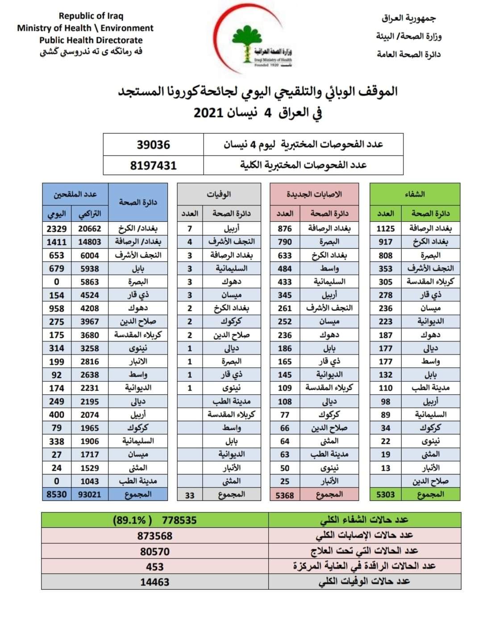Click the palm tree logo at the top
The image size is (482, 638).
(x=245, y=43)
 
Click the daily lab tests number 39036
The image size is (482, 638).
(x=153, y=145)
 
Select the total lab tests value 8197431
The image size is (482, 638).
(x=153, y=165)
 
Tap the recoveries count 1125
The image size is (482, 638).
(x=386, y=229)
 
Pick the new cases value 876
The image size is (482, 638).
(x=285, y=229)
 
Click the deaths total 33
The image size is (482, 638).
(x=190, y=495)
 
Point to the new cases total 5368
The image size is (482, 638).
(x=285, y=495)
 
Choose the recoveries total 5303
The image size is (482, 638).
(x=386, y=495)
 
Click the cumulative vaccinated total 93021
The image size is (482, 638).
(x=90, y=494)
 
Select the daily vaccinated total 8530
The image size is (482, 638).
(x=57, y=494)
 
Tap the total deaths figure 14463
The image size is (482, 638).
(x=154, y=582)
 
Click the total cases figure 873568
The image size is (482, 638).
(x=154, y=536)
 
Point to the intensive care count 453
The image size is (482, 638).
(x=154, y=567)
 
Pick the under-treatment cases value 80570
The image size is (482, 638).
(x=154, y=551)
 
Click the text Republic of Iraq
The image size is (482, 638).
(x=91, y=16)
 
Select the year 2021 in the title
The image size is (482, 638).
(x=209, y=113)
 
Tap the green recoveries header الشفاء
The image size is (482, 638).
(x=415, y=194)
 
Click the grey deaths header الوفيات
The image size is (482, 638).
(x=219, y=194)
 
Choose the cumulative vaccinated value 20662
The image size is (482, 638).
(x=90, y=229)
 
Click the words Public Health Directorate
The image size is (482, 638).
(x=91, y=40)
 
